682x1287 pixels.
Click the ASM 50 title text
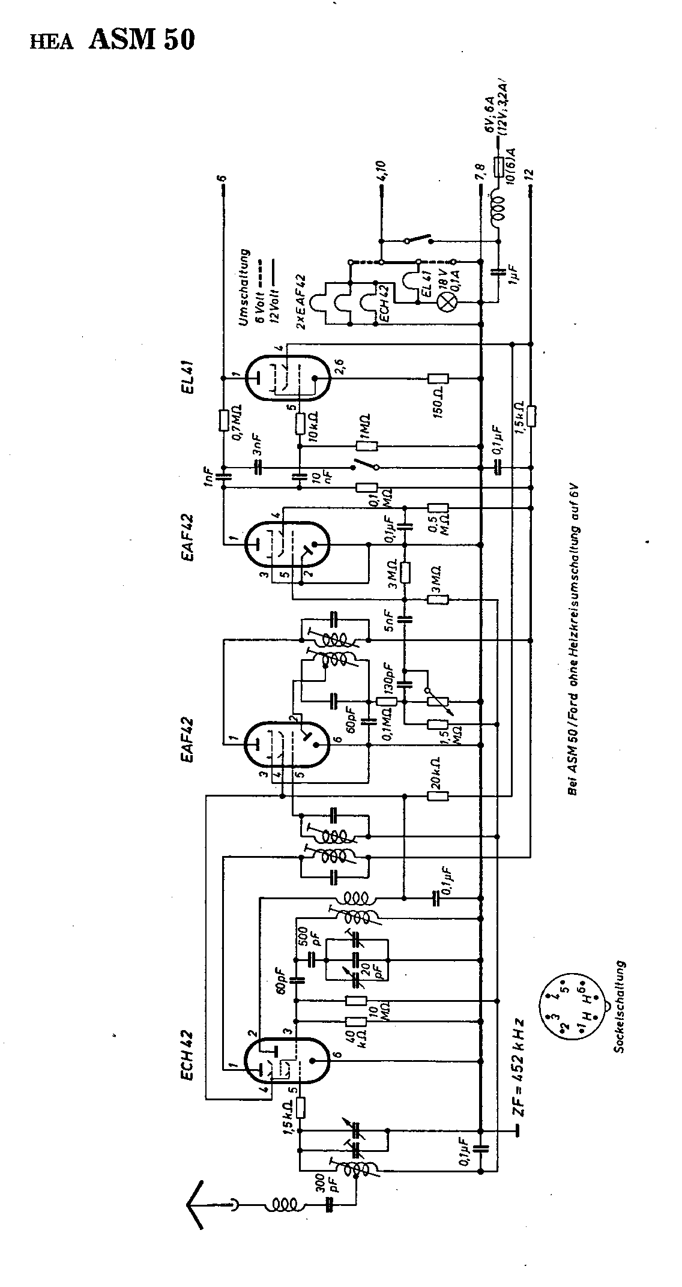pos(142,40)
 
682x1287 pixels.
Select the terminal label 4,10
pos(382,170)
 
